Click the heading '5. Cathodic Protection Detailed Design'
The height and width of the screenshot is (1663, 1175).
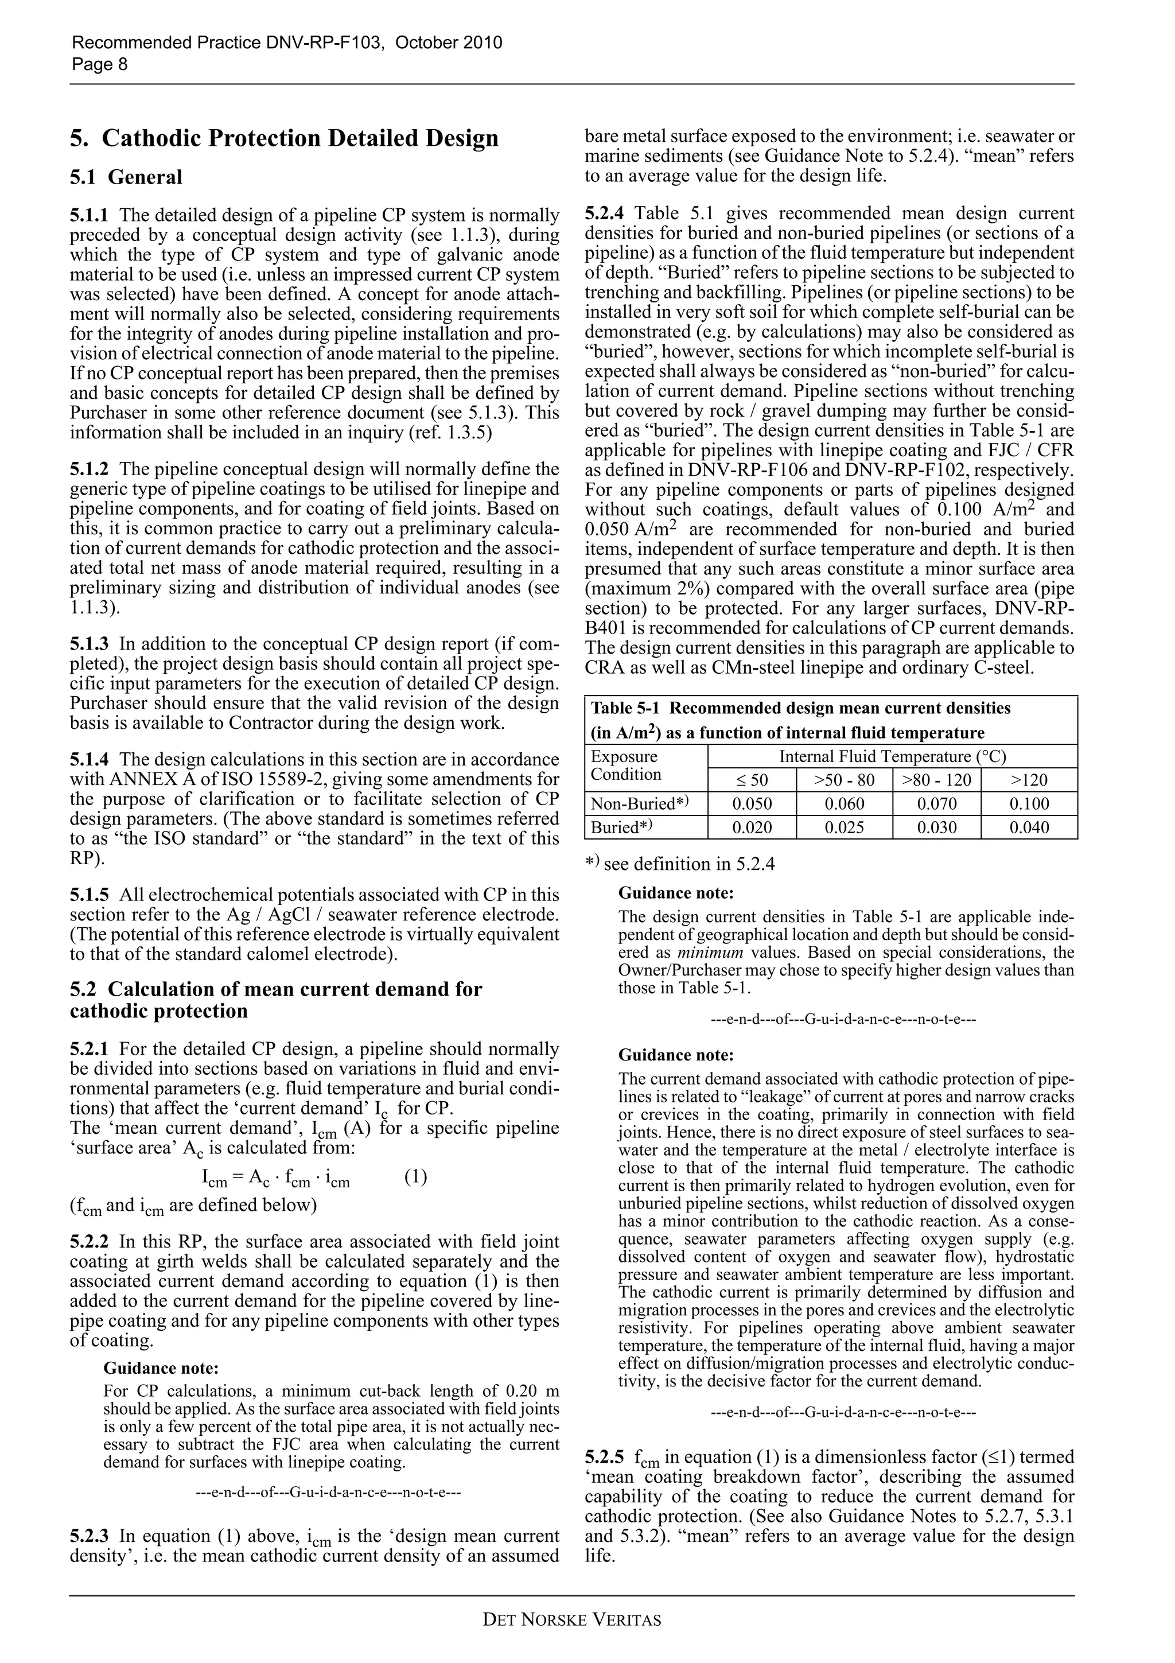284,138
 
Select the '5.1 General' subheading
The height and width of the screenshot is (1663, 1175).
126,177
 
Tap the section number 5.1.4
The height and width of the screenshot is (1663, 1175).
89,760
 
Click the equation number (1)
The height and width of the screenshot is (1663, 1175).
415,1177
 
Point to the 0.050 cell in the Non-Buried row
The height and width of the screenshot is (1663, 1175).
752,804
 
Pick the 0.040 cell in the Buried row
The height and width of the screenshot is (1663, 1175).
1029,828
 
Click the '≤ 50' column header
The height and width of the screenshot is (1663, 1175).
752,780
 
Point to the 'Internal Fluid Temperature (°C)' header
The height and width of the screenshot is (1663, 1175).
892,757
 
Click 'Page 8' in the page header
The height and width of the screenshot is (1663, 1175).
99,64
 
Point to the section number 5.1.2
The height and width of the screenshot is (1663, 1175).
89,469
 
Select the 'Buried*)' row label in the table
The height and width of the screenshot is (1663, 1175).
622,828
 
